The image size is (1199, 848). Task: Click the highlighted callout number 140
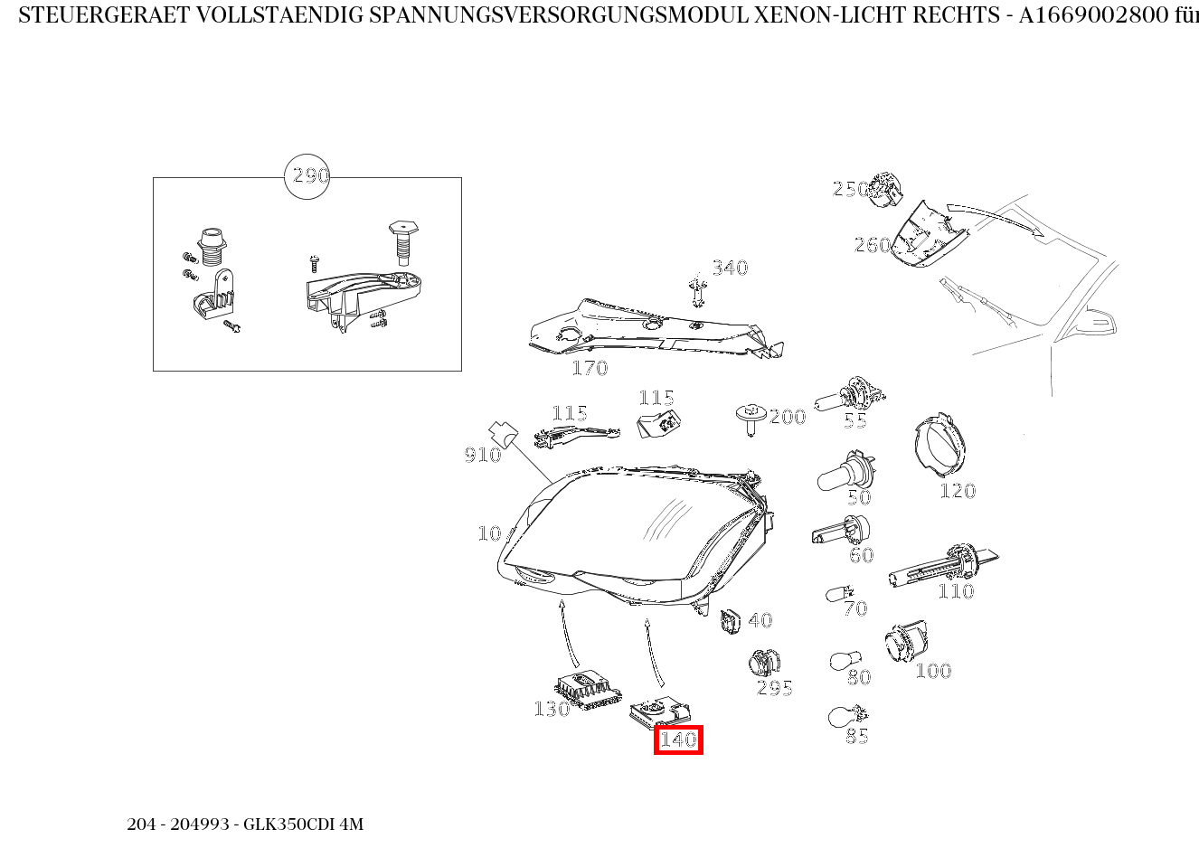678,740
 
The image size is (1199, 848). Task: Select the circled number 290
307,176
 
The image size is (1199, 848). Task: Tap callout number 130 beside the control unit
552,709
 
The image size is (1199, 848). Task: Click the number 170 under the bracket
590,368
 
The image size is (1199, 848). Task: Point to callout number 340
730,268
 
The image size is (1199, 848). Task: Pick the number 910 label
483,455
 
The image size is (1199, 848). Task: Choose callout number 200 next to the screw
788,417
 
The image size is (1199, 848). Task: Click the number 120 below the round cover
958,491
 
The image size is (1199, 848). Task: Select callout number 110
956,591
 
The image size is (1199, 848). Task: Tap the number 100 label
933,671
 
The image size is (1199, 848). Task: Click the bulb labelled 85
841,718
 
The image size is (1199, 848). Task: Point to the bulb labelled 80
844,662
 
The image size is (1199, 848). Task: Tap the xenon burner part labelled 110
940,565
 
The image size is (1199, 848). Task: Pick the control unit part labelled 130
586,689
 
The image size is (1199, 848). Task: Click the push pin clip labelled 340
696,287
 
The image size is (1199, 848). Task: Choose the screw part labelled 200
749,419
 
